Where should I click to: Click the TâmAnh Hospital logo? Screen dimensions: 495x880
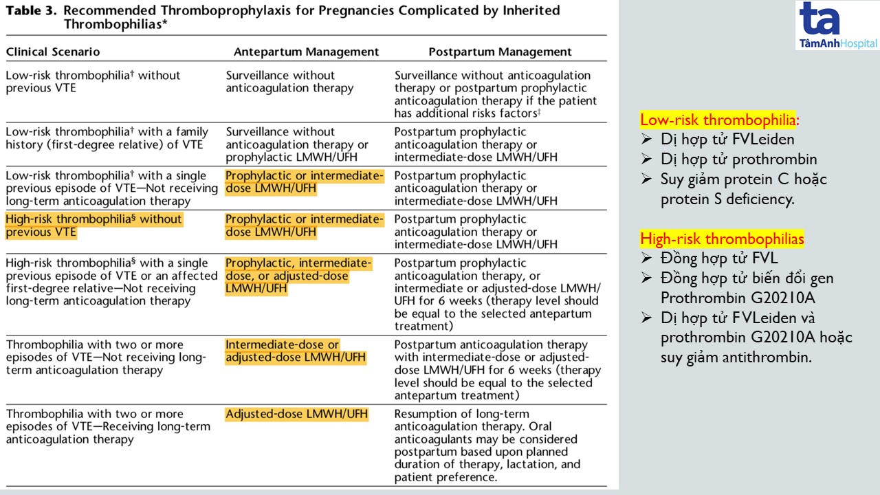point(837,26)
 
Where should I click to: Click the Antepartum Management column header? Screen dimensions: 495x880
point(306,52)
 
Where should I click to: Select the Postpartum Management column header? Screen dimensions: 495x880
point(500,52)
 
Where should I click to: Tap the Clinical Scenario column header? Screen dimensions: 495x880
point(53,52)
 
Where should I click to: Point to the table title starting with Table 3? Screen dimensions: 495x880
point(283,17)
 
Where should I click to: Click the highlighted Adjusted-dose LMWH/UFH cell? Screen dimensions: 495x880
point(296,414)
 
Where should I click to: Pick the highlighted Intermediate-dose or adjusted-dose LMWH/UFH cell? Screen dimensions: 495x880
point(296,351)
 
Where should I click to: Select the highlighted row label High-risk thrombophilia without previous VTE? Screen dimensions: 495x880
point(93,225)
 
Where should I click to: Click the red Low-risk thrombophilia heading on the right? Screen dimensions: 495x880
point(719,120)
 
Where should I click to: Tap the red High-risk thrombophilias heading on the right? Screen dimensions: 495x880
point(722,239)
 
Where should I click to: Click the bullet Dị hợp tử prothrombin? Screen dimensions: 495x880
point(739,159)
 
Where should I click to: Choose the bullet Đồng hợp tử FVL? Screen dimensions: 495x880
point(719,258)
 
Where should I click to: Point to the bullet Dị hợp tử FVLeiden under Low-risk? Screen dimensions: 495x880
point(727,140)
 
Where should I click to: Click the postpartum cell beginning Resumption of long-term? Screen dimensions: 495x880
point(487,445)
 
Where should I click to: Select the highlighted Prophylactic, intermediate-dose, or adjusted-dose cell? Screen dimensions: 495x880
point(298,276)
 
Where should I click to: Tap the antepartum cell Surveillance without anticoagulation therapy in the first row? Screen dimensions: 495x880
point(289,82)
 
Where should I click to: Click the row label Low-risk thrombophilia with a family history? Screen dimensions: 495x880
point(107,138)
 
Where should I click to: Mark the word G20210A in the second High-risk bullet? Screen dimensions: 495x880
point(755,298)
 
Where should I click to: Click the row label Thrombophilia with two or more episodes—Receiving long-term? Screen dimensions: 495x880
point(108,426)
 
